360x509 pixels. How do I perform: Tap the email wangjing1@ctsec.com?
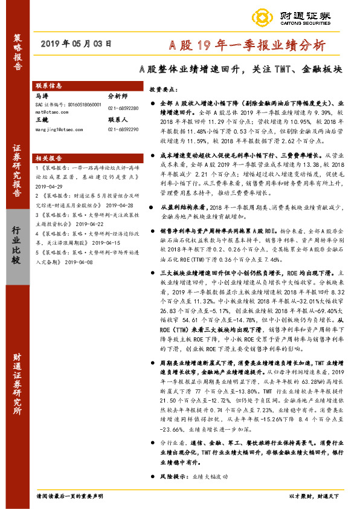(58, 129)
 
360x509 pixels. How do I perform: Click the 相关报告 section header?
(50, 156)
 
